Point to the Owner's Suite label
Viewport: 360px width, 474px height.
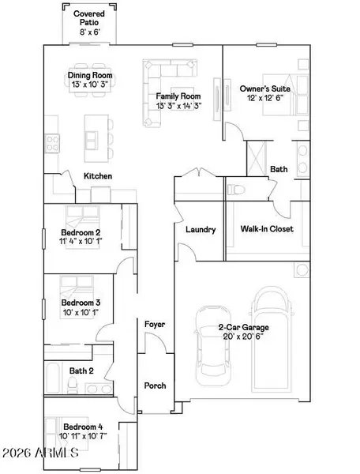pos(264,89)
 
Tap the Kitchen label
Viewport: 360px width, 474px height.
pos(98,175)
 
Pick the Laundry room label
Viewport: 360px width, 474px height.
pos(201,230)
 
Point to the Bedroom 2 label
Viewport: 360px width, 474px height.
pos(81,232)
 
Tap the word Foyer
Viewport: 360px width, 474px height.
pos(153,325)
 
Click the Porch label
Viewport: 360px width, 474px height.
pos(153,386)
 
